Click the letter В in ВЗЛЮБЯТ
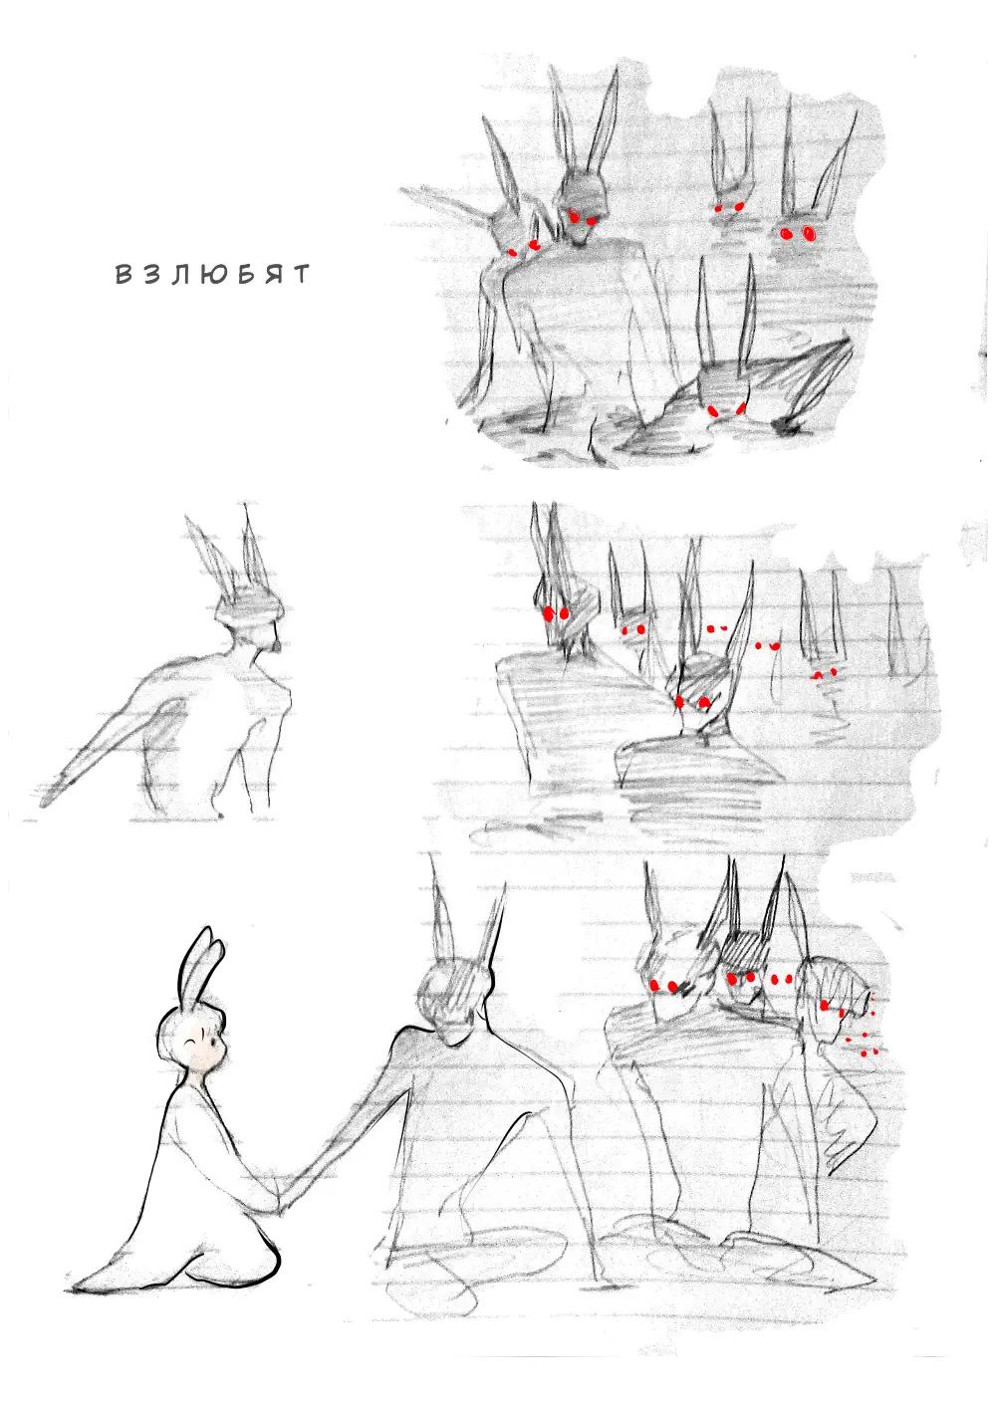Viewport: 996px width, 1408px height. (x=124, y=274)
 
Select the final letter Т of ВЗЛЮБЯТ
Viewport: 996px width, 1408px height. (x=301, y=274)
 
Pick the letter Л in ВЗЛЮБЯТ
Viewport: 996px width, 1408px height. (x=182, y=274)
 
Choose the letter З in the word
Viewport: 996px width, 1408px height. (x=152, y=274)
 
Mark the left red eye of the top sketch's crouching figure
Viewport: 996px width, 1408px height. (x=712, y=410)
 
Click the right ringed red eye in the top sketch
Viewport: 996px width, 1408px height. (x=809, y=234)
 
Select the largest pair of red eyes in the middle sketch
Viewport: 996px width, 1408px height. (x=555, y=612)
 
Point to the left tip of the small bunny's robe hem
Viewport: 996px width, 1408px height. (x=71, y=1288)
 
